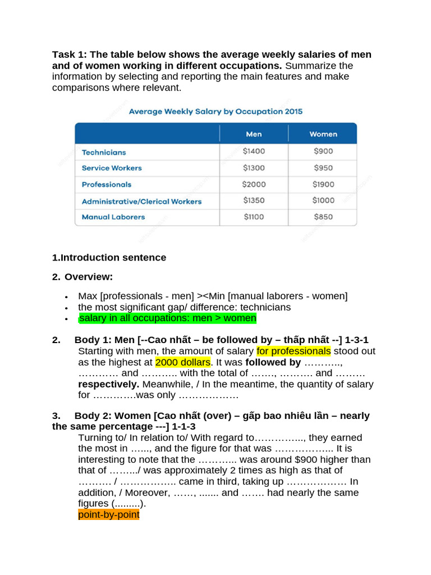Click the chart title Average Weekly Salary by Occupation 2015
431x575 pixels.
coord(215,111)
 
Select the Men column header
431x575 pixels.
coord(254,134)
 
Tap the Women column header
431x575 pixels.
coord(323,134)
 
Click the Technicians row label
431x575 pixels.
coord(104,152)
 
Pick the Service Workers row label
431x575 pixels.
coord(112,168)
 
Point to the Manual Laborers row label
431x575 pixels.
coord(113,217)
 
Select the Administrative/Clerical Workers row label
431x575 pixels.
coord(141,201)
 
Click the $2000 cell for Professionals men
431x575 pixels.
coord(254,184)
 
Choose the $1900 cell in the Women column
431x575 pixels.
coord(323,184)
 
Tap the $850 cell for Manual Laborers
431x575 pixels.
coord(323,217)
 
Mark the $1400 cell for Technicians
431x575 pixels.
coord(254,151)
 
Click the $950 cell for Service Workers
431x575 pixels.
coord(323,168)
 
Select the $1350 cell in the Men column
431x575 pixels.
coord(254,200)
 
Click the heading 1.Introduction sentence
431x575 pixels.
coord(109,258)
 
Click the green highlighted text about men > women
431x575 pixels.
coord(167,318)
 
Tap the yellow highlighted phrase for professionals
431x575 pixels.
coord(294,352)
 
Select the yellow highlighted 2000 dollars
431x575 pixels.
coord(182,362)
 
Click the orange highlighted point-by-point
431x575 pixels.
coord(108,515)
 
